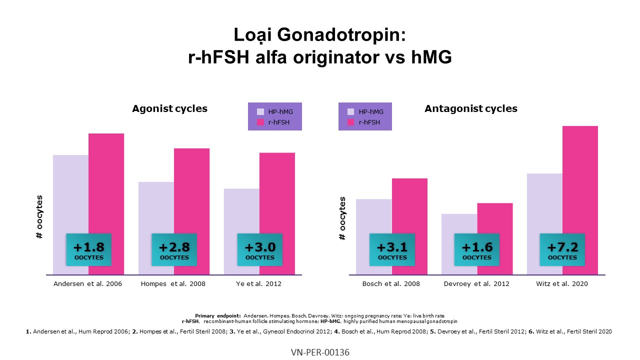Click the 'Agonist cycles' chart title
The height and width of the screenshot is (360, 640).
169,108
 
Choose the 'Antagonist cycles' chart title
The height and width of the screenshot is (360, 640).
470,108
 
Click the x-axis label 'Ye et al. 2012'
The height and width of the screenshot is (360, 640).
259,284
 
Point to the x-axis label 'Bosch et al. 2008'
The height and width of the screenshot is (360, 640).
391,284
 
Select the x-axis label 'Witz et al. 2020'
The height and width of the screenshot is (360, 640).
562,284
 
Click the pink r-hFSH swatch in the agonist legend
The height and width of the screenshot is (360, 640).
260,122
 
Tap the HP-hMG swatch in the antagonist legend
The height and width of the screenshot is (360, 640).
350,111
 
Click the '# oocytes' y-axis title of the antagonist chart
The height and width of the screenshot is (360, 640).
342,218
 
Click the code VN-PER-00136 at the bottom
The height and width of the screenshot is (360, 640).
320,352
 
